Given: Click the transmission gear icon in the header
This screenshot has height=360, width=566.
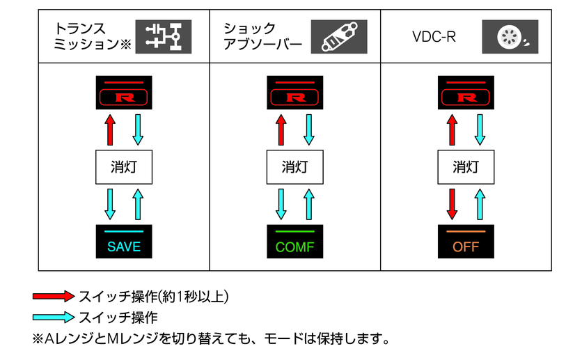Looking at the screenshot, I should pos(163,37).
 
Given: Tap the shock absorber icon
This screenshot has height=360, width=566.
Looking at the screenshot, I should pos(338,37).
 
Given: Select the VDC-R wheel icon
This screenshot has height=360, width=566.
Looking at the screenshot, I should pos(510,37).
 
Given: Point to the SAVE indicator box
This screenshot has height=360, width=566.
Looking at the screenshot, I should pos(124,242).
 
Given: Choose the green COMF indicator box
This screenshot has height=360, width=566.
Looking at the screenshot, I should pos(295,242).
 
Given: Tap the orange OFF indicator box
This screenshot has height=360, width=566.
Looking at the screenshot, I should pos(466,242).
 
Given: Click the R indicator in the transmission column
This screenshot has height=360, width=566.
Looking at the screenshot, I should pos(124,93).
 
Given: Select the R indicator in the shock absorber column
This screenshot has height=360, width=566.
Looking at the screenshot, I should pos(295,93).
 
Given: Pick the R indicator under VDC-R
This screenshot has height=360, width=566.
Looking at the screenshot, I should pos(466,93).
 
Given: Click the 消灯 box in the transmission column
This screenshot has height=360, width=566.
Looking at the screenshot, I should pos(124,167).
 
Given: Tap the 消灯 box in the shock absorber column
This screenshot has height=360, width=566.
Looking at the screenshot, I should pos(295,167).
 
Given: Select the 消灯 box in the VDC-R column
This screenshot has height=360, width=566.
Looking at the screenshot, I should pos(466,167).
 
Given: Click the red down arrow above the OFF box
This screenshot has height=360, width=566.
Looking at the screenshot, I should pos(453,203).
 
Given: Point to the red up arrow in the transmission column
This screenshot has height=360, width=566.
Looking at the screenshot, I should pos(110,130).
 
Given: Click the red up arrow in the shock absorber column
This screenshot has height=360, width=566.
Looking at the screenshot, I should pos(281,130).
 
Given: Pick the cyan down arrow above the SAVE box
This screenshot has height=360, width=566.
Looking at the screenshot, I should pos(110,203).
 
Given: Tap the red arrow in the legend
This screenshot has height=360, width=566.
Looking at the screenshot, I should pos(53,296).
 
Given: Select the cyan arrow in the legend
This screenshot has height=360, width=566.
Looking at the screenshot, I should pos(53,318).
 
